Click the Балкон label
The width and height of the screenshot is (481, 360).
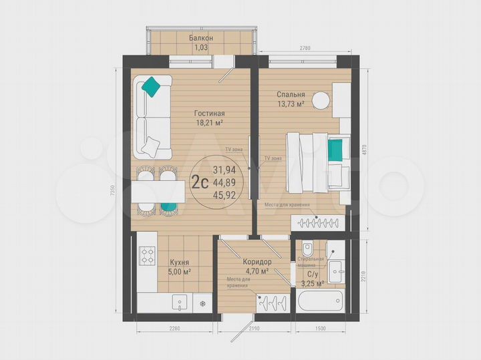tap(201, 39)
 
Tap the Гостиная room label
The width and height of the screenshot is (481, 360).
tap(209, 114)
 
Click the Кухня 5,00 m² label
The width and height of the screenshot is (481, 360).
tap(179, 267)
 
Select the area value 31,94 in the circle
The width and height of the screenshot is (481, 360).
tap(224, 171)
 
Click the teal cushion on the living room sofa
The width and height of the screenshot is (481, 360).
tap(153, 86)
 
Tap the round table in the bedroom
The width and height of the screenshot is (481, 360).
tap(322, 100)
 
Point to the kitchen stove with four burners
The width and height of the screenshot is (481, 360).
tap(147, 256)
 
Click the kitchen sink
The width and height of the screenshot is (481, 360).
tap(180, 304)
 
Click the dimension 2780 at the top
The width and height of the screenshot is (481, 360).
tap(306, 48)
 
